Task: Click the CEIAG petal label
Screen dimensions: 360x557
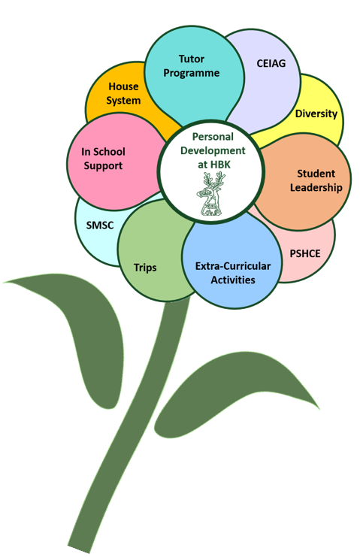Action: (x=271, y=63)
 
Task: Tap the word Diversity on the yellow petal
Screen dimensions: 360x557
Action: (x=316, y=114)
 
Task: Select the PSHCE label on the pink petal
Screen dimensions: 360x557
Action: (x=305, y=253)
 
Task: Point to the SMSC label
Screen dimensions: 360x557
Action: (x=100, y=226)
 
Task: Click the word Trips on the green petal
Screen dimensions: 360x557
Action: (x=145, y=268)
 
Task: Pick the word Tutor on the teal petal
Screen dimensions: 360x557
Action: (x=192, y=59)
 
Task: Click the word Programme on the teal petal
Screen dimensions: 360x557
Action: (x=192, y=73)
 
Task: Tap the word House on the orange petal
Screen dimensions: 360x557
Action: (x=123, y=86)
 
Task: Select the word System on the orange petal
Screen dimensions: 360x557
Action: (x=123, y=101)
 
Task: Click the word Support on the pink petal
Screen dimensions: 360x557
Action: (x=103, y=166)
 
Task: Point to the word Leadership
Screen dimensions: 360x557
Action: (x=316, y=188)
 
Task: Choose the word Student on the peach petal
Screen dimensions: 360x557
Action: (x=316, y=174)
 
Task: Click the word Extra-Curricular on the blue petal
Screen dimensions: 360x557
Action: (x=233, y=266)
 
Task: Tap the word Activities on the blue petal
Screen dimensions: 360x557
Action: (x=233, y=280)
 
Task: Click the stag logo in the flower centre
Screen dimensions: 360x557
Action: (x=210, y=194)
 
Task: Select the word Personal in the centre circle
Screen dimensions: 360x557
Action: (x=213, y=137)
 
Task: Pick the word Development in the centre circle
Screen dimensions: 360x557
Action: (x=213, y=150)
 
